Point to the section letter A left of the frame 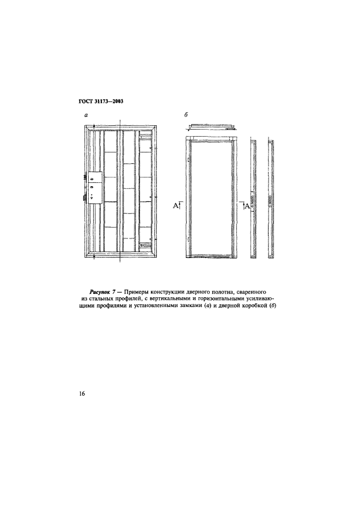[176, 205]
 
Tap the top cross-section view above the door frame [212, 127]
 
